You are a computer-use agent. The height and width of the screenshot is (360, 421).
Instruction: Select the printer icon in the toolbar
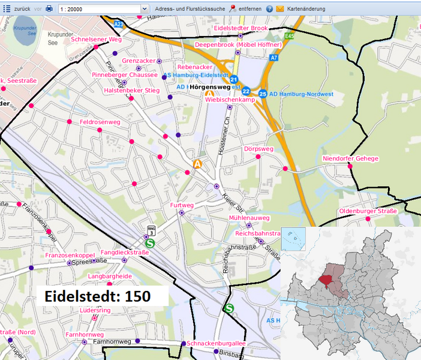49,9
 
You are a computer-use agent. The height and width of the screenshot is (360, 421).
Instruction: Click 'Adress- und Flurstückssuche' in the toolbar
190,9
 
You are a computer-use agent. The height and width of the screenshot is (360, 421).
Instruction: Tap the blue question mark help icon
269,9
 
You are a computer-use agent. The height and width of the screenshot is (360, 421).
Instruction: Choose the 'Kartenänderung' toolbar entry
306,9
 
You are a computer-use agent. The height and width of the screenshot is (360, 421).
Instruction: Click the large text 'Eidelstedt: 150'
97,296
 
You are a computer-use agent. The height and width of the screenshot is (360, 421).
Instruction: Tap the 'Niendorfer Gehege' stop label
350,158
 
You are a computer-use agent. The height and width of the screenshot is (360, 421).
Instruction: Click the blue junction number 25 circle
263,94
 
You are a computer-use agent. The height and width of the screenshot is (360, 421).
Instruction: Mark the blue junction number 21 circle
234,79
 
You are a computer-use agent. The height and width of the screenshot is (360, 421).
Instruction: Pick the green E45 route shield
290,37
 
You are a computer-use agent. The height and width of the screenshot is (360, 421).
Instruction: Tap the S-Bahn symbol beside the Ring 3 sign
150,243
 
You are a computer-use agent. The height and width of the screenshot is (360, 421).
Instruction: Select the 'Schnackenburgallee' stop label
216,343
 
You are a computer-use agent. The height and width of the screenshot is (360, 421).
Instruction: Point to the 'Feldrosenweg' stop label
100,122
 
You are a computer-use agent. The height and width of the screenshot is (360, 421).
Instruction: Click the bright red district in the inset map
326,279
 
